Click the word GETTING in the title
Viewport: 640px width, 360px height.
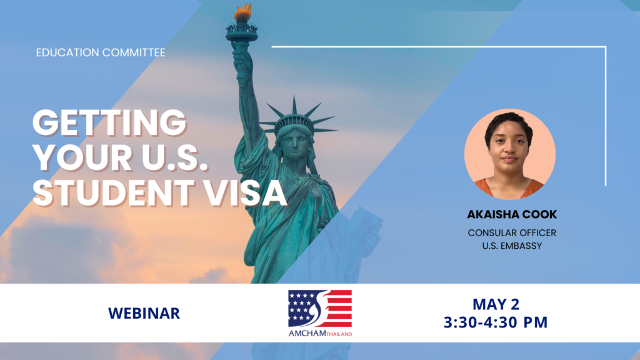coord(109,122)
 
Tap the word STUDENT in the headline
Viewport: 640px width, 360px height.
coord(114,192)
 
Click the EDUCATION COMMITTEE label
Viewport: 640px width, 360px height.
coord(101,52)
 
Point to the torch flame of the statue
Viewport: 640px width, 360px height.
coord(242,12)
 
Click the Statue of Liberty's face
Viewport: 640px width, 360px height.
coord(295,143)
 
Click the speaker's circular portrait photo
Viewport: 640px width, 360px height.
coord(510,154)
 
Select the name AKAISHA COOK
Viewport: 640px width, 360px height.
coord(512,214)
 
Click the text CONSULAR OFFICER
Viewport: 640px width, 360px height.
coord(512,232)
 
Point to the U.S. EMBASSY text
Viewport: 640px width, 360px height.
coord(512,246)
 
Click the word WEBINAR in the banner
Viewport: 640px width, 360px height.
coord(144,314)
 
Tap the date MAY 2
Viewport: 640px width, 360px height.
coord(496,304)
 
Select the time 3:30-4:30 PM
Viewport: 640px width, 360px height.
coord(496,322)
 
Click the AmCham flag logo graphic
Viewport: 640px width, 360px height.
coord(320,309)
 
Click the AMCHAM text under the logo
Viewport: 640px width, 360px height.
coord(307,333)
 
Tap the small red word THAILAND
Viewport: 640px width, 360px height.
coord(339,334)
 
